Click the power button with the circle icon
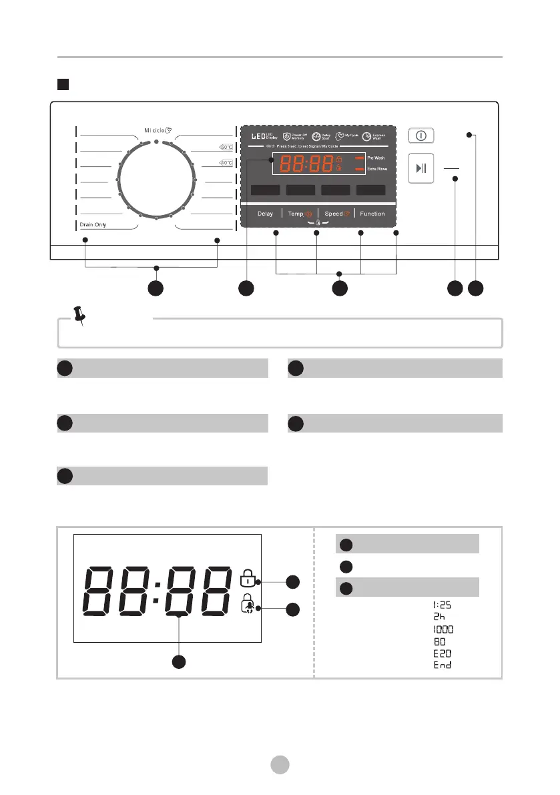coord(421,135)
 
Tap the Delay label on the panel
coord(265,214)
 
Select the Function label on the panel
coord(372,214)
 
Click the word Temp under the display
coord(296,214)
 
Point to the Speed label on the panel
coord(334,214)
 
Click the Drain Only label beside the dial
coord(93,225)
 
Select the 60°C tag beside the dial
coord(226,148)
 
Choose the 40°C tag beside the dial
coord(226,163)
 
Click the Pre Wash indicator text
coord(376,158)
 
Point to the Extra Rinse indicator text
coord(377,170)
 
